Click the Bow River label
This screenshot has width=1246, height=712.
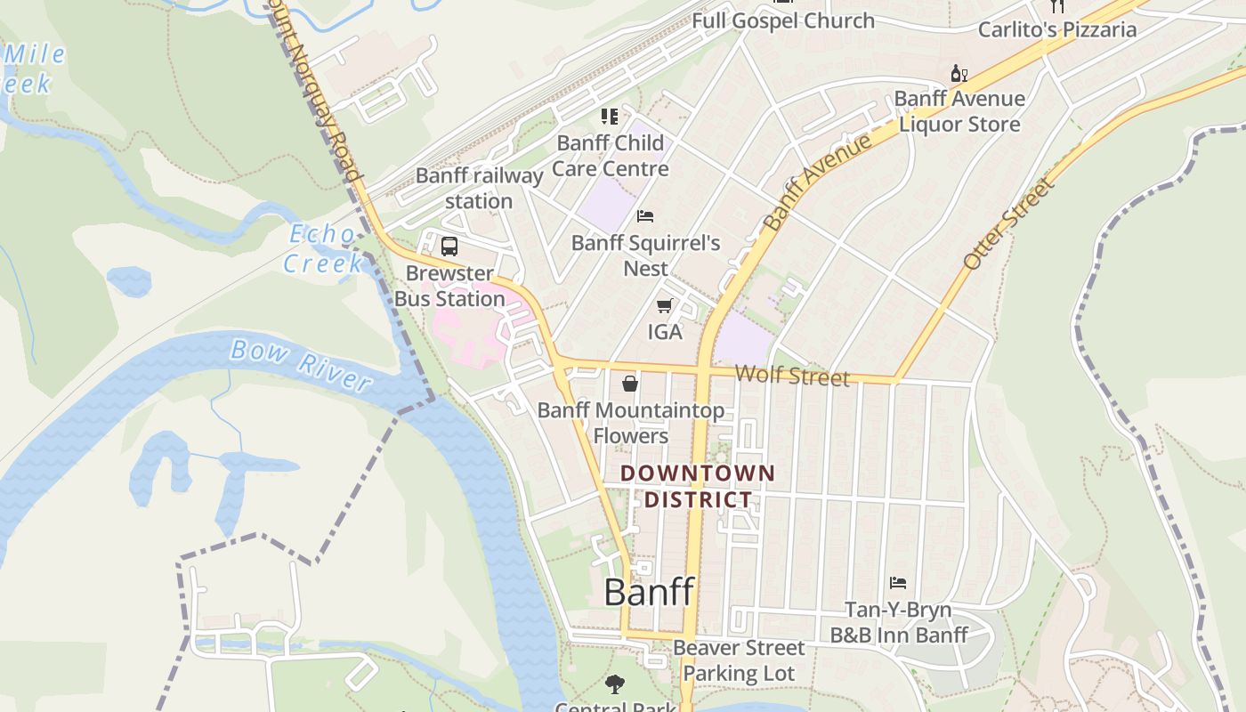tap(300, 365)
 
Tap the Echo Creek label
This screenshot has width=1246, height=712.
tap(323, 248)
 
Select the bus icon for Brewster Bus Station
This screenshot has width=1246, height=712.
tap(449, 247)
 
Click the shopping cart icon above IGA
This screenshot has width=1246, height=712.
tap(664, 306)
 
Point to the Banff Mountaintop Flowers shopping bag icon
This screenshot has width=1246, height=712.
tap(630, 384)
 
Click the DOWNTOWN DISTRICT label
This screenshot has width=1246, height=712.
tap(698, 486)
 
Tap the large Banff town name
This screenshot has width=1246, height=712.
tap(649, 592)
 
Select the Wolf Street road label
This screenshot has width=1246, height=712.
tap(792, 375)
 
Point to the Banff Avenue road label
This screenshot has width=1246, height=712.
tap(818, 182)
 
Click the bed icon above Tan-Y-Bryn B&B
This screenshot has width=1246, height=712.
tap(898, 583)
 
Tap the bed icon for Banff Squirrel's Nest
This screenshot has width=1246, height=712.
tap(645, 216)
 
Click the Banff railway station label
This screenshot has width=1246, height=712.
tap(479, 188)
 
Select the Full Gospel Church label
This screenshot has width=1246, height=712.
tap(783, 20)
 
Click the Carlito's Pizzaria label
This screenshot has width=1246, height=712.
tap(1056, 29)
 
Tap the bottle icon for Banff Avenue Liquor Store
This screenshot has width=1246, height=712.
tap(959, 74)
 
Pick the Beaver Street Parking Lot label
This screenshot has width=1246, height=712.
tap(739, 660)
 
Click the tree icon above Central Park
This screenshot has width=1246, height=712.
tap(614, 684)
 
